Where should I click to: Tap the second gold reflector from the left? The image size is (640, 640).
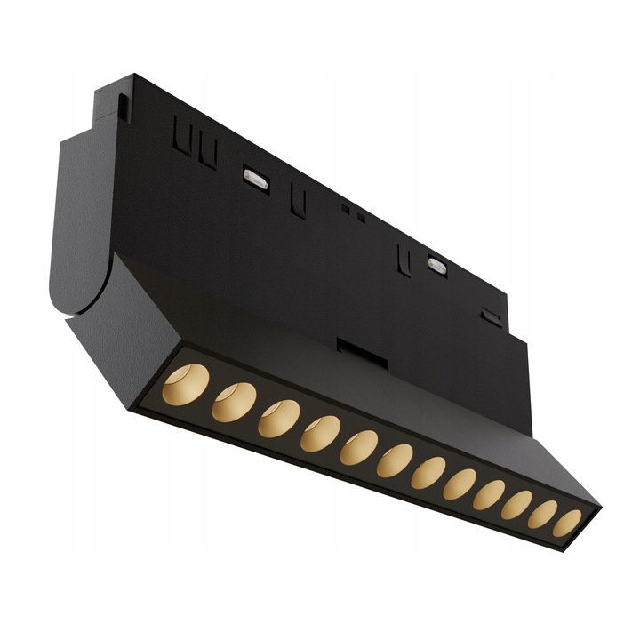point(234,402)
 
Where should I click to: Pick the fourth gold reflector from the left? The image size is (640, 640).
point(320,433)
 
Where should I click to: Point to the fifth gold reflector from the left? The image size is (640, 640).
point(358,446)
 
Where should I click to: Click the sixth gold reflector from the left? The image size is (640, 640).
point(394,460)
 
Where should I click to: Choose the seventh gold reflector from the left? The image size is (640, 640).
point(428,472)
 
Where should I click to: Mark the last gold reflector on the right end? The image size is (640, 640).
point(566,523)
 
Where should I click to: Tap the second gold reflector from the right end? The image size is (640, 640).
point(542,514)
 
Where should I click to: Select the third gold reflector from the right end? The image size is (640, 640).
point(516,504)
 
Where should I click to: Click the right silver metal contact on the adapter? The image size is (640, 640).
point(436,265)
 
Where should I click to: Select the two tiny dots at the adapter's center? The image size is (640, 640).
point(353,212)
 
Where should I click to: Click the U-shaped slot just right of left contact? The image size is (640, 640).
point(300,202)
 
